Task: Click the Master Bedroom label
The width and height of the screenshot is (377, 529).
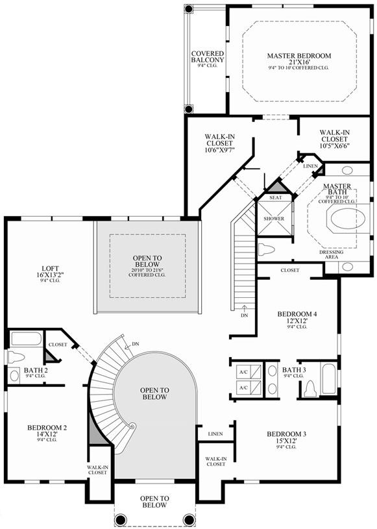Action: [299, 56]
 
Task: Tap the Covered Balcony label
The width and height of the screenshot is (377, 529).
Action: [208, 56]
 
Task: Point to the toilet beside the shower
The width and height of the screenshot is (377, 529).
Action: [267, 250]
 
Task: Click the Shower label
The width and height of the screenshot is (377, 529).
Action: [274, 219]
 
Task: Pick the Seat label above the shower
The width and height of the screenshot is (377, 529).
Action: [276, 198]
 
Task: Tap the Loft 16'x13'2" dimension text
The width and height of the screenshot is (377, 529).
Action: [50, 275]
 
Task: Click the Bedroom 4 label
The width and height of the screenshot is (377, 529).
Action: [297, 314]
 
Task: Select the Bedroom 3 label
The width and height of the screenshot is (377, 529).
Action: [287, 434]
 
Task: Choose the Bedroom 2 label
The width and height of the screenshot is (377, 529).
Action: [47, 428]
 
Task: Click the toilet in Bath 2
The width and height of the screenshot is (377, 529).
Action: [16, 356]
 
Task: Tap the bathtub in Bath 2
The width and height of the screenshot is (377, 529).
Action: [26, 339]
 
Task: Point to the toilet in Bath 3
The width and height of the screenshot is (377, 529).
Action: [310, 389]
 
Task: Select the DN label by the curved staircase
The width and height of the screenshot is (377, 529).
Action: [135, 344]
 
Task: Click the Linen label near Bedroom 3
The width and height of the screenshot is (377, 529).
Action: [215, 434]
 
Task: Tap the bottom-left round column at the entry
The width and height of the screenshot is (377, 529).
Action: [121, 519]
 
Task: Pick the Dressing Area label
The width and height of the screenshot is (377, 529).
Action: [332, 254]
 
